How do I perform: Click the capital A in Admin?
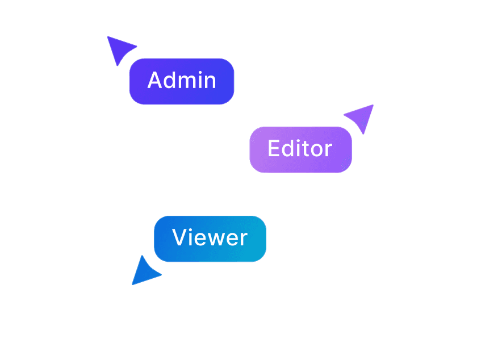(155, 80)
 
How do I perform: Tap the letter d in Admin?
(170, 80)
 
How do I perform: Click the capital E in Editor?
(273, 148)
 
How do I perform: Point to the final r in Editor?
(329, 150)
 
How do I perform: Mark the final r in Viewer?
(244, 239)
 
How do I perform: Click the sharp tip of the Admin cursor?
(108, 37)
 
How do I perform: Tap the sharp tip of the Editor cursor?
(373, 105)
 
